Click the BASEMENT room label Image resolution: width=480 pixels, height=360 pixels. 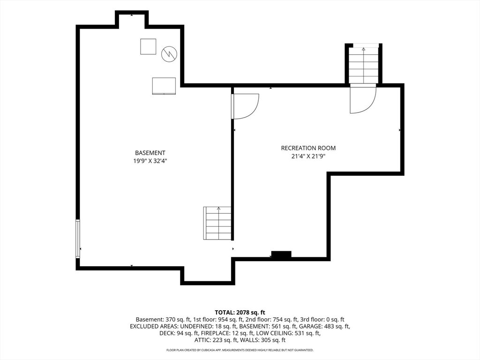pos(150,153)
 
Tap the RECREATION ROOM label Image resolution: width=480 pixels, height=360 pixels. pos(308,148)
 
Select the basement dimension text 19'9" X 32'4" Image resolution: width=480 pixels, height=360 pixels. pos(150,161)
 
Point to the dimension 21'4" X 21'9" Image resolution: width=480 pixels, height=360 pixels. pos(308,157)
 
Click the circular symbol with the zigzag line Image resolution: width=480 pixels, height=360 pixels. pos(169,54)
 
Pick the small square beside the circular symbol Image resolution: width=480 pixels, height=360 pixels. pos(148,46)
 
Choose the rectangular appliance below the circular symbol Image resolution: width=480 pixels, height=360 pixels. pos(164,86)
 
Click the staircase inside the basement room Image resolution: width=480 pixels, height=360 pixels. pos(217,223)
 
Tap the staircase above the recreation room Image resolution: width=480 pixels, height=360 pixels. pos(363,65)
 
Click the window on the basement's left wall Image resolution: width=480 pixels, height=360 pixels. pos(78,239)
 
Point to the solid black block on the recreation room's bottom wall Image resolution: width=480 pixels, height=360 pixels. pos(281,255)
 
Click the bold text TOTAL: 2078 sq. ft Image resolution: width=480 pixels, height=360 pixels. pos(240,313)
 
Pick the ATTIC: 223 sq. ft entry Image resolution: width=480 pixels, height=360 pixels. pos(216,340)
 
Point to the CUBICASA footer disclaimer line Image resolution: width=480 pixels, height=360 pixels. pos(240,350)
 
